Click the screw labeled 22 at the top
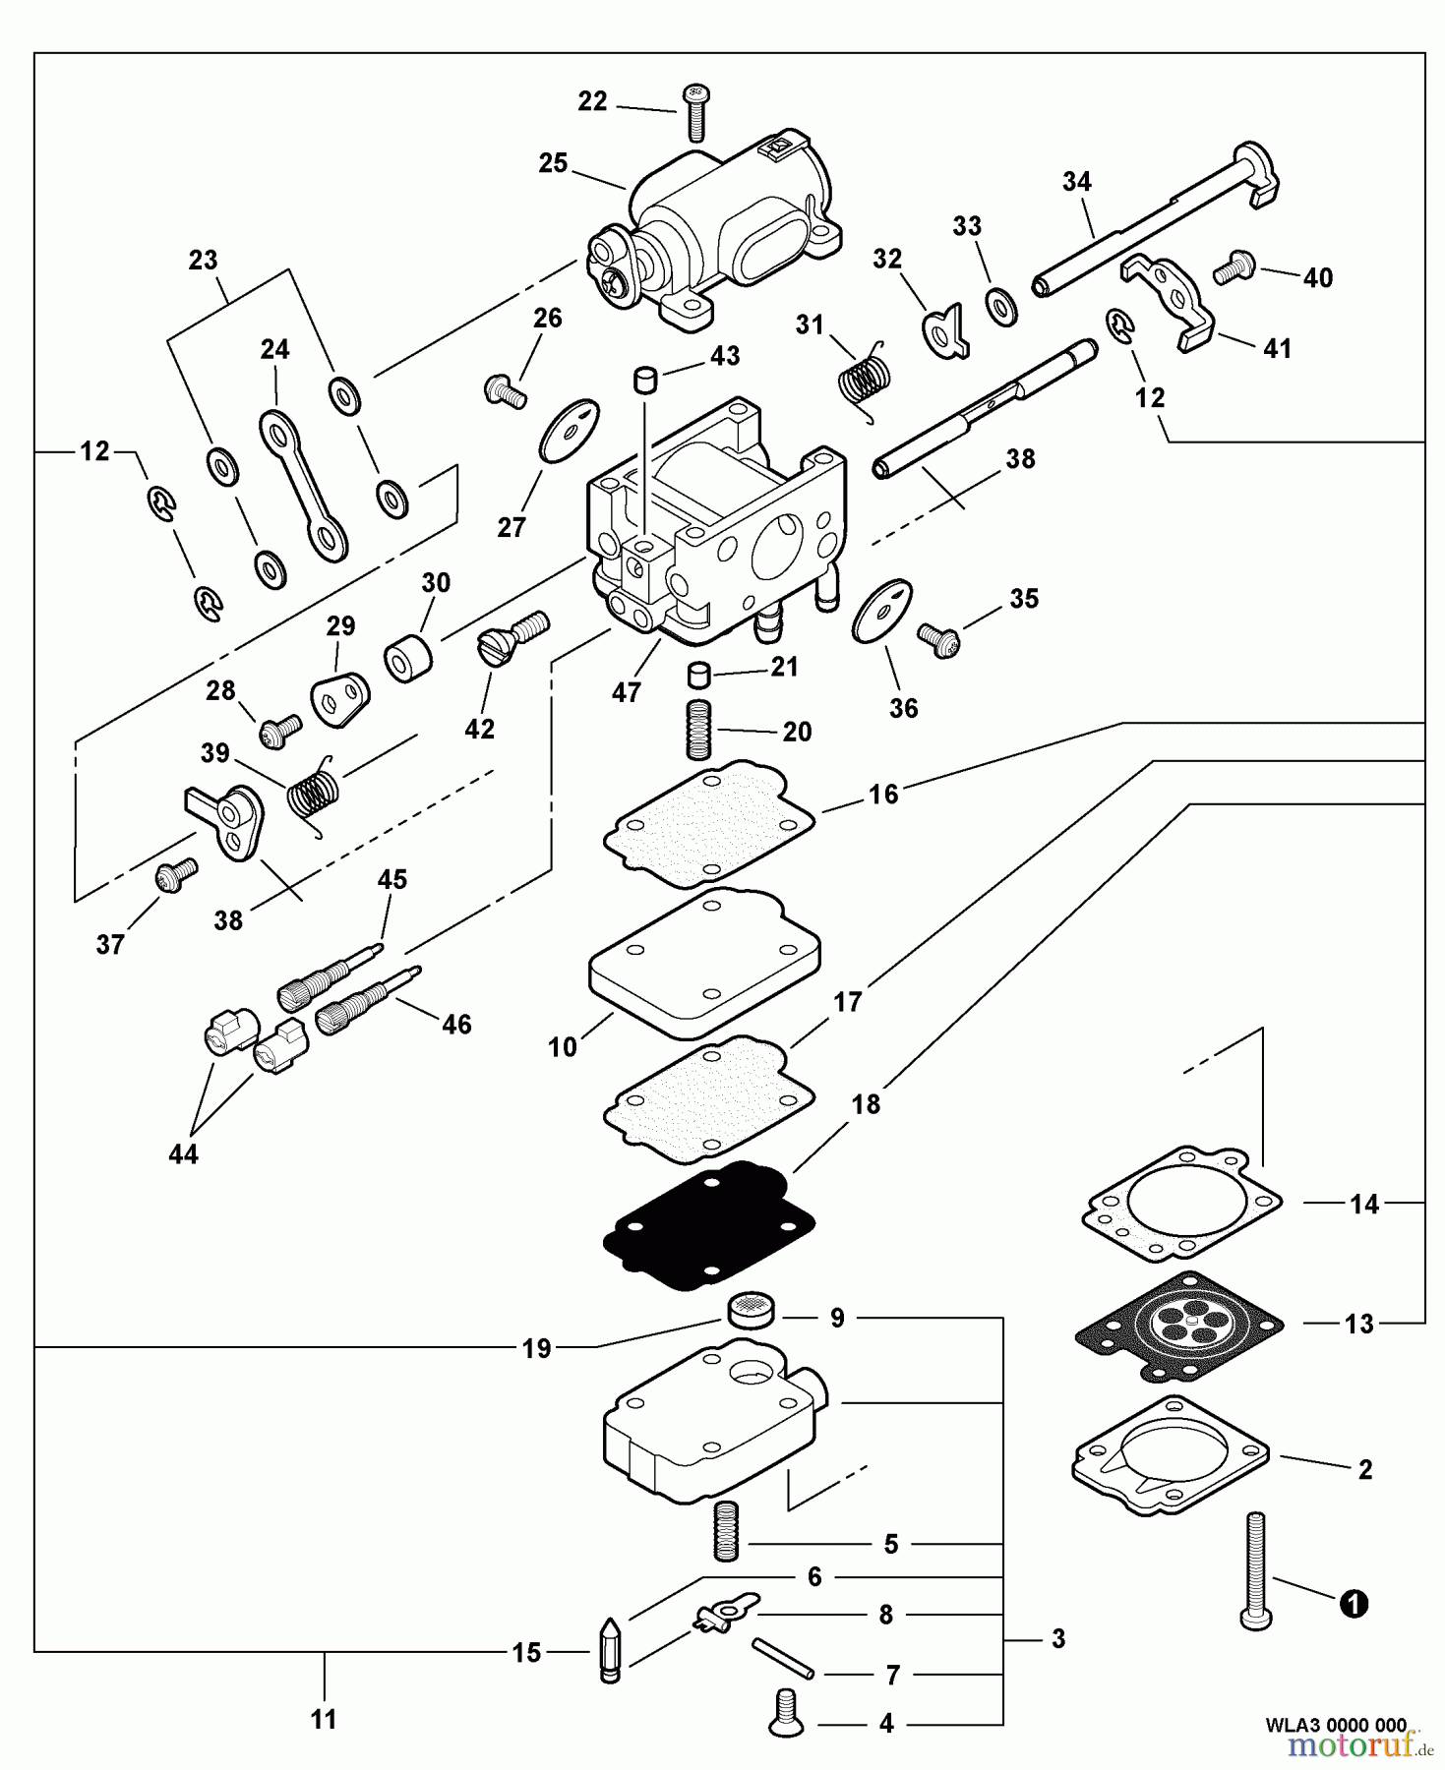tap(696, 110)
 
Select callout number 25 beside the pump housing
tap(553, 163)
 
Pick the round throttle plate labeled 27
tap(570, 430)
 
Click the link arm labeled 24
tap(303, 485)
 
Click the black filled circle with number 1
tap(1354, 1605)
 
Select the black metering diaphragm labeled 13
tap(1178, 1327)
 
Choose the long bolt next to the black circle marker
tap(1256, 1573)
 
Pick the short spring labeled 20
tap(697, 729)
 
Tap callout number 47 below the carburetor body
tap(626, 692)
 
